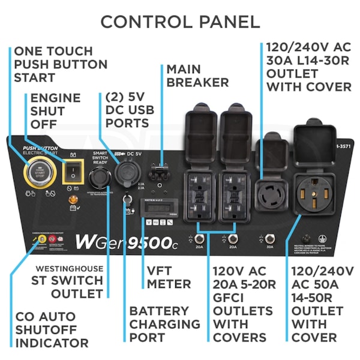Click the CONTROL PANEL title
pos(180,22)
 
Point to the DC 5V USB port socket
pos(128,177)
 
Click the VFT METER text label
pos(169,278)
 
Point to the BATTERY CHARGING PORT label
pos(165,324)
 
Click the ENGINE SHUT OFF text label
pos(55,110)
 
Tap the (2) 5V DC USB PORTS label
pos(127,109)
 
